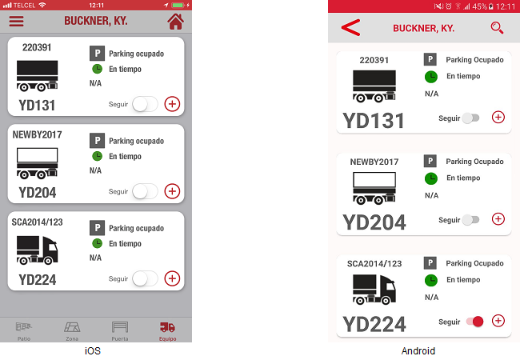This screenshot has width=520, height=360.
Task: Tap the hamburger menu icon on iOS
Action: coord(16,22)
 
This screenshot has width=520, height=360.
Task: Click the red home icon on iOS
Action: coord(175,22)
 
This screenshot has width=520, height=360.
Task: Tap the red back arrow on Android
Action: coord(350,27)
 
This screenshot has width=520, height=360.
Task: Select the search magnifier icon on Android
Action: coord(497,28)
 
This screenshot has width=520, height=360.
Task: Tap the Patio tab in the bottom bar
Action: coord(24,331)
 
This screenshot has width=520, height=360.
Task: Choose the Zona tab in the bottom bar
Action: coord(72,331)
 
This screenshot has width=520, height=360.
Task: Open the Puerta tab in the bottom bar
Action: coord(120,331)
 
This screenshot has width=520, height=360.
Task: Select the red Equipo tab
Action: coord(167,331)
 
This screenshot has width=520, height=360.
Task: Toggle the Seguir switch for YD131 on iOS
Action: coord(145,104)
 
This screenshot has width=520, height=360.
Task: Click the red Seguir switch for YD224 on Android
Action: coord(474,322)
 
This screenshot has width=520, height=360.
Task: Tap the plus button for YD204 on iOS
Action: coord(172,191)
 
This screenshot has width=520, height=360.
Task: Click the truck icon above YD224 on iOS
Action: coord(37,250)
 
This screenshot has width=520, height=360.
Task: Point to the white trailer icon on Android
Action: coord(374,188)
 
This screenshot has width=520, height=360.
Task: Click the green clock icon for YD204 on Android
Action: coord(431,178)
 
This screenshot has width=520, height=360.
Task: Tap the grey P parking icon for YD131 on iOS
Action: coord(97,54)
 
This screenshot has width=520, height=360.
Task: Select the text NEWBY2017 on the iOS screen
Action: coord(37,134)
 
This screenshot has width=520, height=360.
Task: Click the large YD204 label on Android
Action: coord(374,222)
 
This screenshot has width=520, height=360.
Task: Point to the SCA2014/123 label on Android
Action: coord(374,263)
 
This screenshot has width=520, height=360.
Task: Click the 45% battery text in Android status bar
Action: coord(479,6)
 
